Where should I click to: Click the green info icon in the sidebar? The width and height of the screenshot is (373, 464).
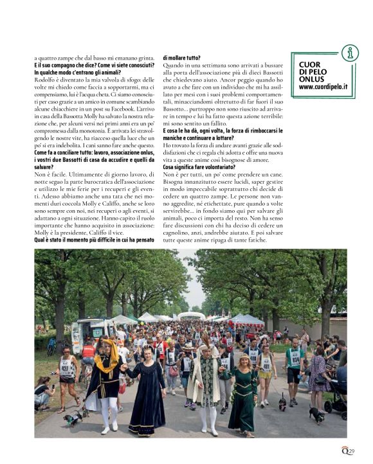(349, 53)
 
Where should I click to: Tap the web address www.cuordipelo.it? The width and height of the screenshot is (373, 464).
(323, 86)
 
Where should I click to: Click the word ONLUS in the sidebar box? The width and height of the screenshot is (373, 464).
(313, 78)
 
